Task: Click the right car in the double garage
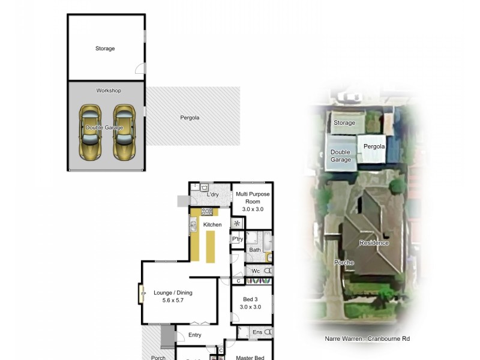[125, 133]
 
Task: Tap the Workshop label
[109, 91]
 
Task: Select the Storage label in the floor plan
[105, 49]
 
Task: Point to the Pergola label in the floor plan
[190, 118]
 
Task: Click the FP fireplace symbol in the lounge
[143, 295]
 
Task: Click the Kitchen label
[212, 225]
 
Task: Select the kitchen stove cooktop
[207, 211]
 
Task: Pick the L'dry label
[213, 195]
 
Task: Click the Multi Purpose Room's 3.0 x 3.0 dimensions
[253, 209]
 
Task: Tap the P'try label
[238, 239]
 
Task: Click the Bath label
[255, 250]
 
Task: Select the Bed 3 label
[250, 299]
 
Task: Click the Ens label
[257, 332]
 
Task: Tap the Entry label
[194, 335]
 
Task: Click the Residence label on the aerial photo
[374, 243]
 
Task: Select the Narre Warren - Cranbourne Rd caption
[367, 339]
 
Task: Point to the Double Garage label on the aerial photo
[340, 156]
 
